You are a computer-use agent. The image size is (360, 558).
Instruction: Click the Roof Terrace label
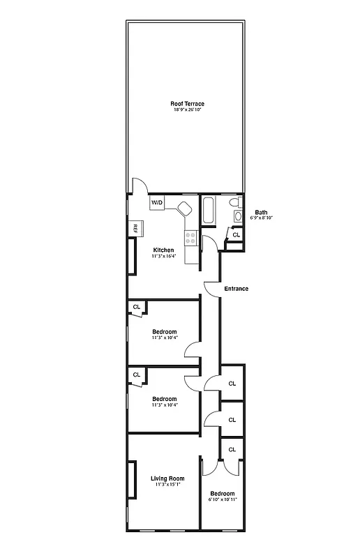pyautogui.click(x=188, y=104)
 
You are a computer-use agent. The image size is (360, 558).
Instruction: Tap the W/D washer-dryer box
pyautogui.click(x=157, y=202)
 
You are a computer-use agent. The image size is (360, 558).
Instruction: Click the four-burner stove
pyautogui.click(x=189, y=238)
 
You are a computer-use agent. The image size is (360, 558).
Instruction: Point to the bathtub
pyautogui.click(x=209, y=210)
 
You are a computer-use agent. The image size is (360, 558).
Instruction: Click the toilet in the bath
pyautogui.click(x=235, y=202)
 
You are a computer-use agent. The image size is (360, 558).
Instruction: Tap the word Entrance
pyautogui.click(x=236, y=289)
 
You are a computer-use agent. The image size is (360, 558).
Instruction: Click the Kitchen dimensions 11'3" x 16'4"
pyautogui.click(x=163, y=256)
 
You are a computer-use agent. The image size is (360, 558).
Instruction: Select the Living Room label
pyautogui.click(x=167, y=478)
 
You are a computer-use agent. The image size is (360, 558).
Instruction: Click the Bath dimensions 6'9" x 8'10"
pyautogui.click(x=261, y=218)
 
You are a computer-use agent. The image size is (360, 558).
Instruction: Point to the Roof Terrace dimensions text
pyautogui.click(x=188, y=110)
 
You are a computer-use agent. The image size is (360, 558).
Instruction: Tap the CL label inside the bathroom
pyautogui.click(x=236, y=235)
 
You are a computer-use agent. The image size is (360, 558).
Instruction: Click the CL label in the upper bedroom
pyautogui.click(x=137, y=306)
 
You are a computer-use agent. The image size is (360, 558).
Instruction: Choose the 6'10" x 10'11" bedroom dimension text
pyautogui.click(x=223, y=499)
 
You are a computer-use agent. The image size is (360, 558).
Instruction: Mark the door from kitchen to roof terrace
pyautogui.click(x=137, y=185)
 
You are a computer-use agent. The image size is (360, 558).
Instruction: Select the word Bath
pyautogui.click(x=261, y=212)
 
